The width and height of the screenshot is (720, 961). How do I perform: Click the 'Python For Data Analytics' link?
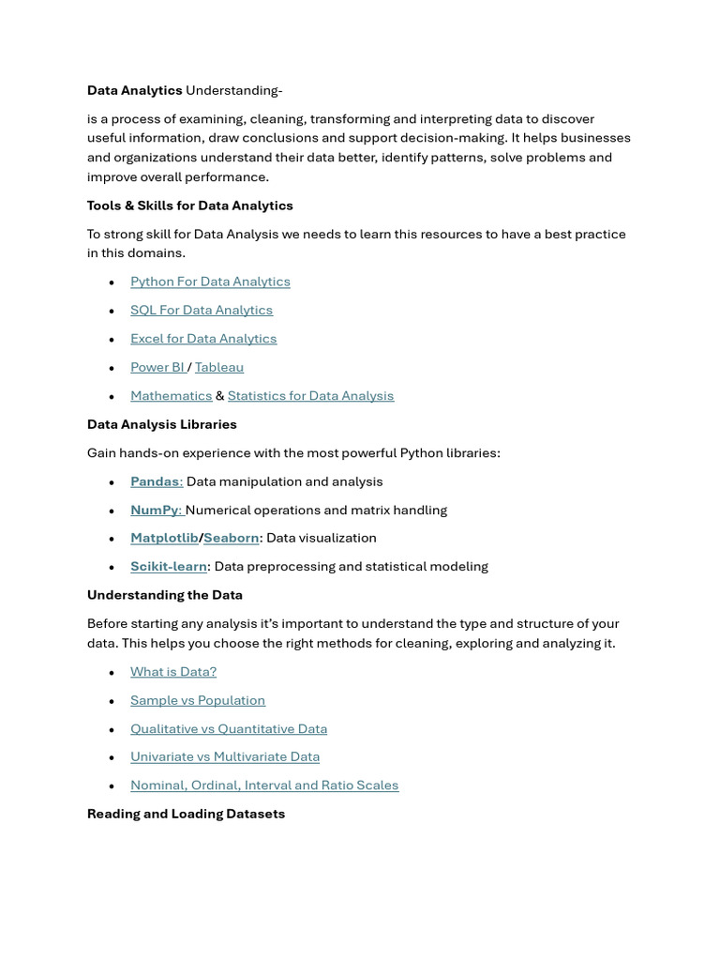[210, 282]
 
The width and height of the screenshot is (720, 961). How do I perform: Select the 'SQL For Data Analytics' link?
[202, 310]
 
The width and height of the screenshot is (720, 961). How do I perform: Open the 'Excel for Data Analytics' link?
[203, 339]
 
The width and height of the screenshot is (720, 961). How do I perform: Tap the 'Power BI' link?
[157, 367]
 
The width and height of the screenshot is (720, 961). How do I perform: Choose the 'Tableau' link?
[219, 367]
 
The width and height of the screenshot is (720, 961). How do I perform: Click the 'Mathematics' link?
[171, 396]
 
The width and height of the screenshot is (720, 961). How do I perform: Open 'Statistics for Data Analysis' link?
[310, 396]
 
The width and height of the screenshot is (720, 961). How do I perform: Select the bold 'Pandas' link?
[155, 481]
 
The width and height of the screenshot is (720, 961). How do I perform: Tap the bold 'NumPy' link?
[155, 510]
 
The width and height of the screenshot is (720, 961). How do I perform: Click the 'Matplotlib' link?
[164, 538]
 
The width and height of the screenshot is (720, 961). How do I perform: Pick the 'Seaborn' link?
[232, 538]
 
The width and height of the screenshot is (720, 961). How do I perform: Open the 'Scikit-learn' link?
[169, 567]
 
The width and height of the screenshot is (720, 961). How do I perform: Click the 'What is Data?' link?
[173, 672]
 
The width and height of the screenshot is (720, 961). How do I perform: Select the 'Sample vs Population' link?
[198, 700]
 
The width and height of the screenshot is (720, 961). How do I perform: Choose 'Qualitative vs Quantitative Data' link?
[229, 729]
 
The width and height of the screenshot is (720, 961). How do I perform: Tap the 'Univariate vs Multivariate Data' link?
[225, 756]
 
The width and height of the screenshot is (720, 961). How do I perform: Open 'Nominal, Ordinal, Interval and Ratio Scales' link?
[264, 786]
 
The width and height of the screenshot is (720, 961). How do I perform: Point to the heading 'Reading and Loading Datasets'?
[186, 814]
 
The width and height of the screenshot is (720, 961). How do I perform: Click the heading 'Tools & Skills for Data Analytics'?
[190, 206]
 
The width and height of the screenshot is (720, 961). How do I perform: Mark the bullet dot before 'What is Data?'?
[112, 673]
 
